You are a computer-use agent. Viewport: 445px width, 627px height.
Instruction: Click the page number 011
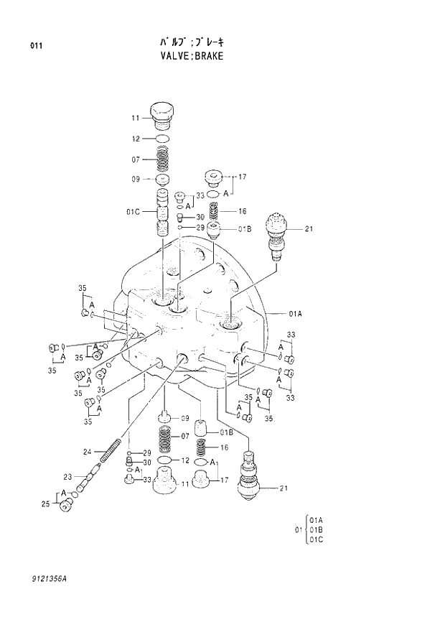[x=37, y=47]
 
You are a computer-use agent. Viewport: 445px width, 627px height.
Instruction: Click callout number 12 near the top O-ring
[x=135, y=139]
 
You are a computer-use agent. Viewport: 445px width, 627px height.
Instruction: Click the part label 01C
[x=132, y=211]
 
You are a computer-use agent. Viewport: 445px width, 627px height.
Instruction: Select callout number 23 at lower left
[x=67, y=476]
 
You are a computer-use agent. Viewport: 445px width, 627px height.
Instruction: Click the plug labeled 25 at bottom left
[x=67, y=505]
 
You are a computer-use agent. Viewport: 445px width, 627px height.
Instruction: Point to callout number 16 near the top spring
[x=243, y=211]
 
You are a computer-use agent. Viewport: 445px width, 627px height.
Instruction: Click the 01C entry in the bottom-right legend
[x=316, y=541]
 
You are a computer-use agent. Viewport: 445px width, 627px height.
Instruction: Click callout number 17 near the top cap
[x=243, y=176]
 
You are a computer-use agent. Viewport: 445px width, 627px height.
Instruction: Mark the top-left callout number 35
[x=83, y=288]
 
